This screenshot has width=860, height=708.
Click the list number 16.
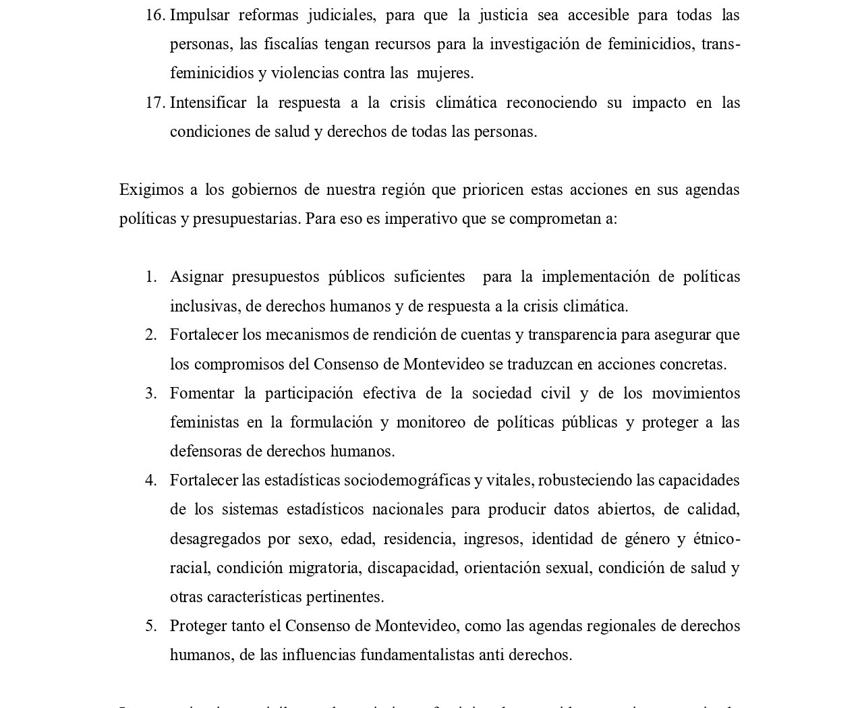pos(154,15)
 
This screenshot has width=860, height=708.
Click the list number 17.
pos(154,102)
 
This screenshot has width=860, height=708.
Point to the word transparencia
pos(572,334)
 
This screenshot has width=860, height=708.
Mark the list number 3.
pos(151,393)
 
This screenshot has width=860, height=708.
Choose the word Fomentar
pos(202,393)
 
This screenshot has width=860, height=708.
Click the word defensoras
pos(208,451)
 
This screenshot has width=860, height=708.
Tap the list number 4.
pos(151,480)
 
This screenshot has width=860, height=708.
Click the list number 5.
pos(151,626)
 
